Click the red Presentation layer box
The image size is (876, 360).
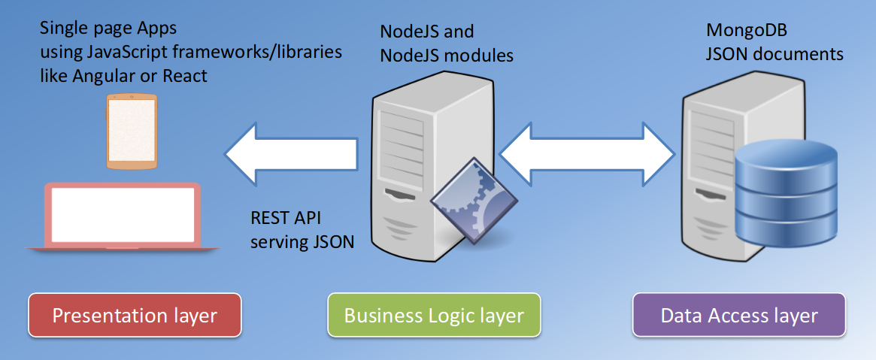[x=135, y=315]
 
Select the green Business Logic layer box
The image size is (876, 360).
[x=434, y=315]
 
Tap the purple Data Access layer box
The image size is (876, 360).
[x=739, y=315]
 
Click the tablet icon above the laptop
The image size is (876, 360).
[x=131, y=132]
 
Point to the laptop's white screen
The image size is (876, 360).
[x=123, y=214]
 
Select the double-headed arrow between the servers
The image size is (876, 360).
[x=587, y=155]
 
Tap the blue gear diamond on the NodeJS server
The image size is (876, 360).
[x=475, y=201]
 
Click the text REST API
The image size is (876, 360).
[x=286, y=219]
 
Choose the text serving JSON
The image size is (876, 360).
[x=302, y=242]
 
